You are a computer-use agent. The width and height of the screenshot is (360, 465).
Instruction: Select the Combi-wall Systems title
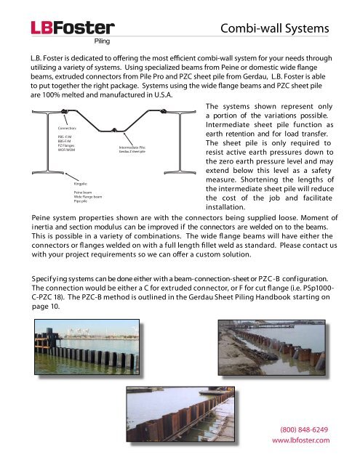(x=276, y=29)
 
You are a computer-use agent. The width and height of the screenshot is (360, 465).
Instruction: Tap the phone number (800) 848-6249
(x=306, y=429)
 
